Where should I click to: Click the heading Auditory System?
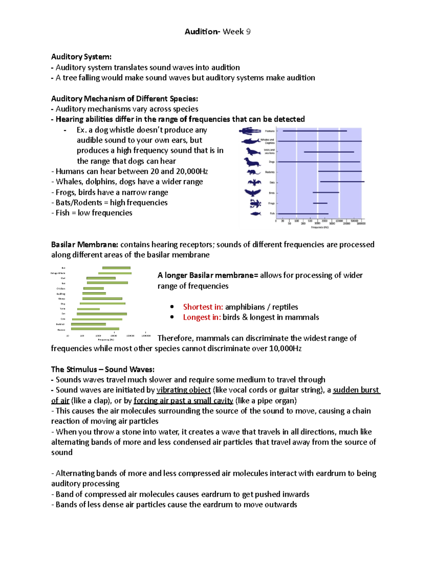pos(81,57)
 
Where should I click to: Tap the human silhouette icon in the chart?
pos(250,131)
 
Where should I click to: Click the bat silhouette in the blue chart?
pos(254,182)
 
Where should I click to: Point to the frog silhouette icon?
pos(255,203)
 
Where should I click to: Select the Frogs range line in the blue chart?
pos(320,203)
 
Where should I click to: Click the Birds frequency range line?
pos(326,193)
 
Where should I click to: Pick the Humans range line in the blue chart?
pos(314,131)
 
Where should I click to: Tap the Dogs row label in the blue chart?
pos(272,162)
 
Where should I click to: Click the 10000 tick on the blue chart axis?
pos(339,220)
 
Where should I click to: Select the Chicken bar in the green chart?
pos(94,289)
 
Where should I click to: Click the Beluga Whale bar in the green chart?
pos(115,273)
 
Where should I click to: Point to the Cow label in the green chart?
pos(63,319)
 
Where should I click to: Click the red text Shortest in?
pos(203,307)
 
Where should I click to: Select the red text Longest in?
pos(202,317)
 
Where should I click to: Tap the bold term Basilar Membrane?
pos(84,244)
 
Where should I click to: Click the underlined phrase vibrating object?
pos(183,390)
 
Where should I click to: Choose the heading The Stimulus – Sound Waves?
pos(103,369)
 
